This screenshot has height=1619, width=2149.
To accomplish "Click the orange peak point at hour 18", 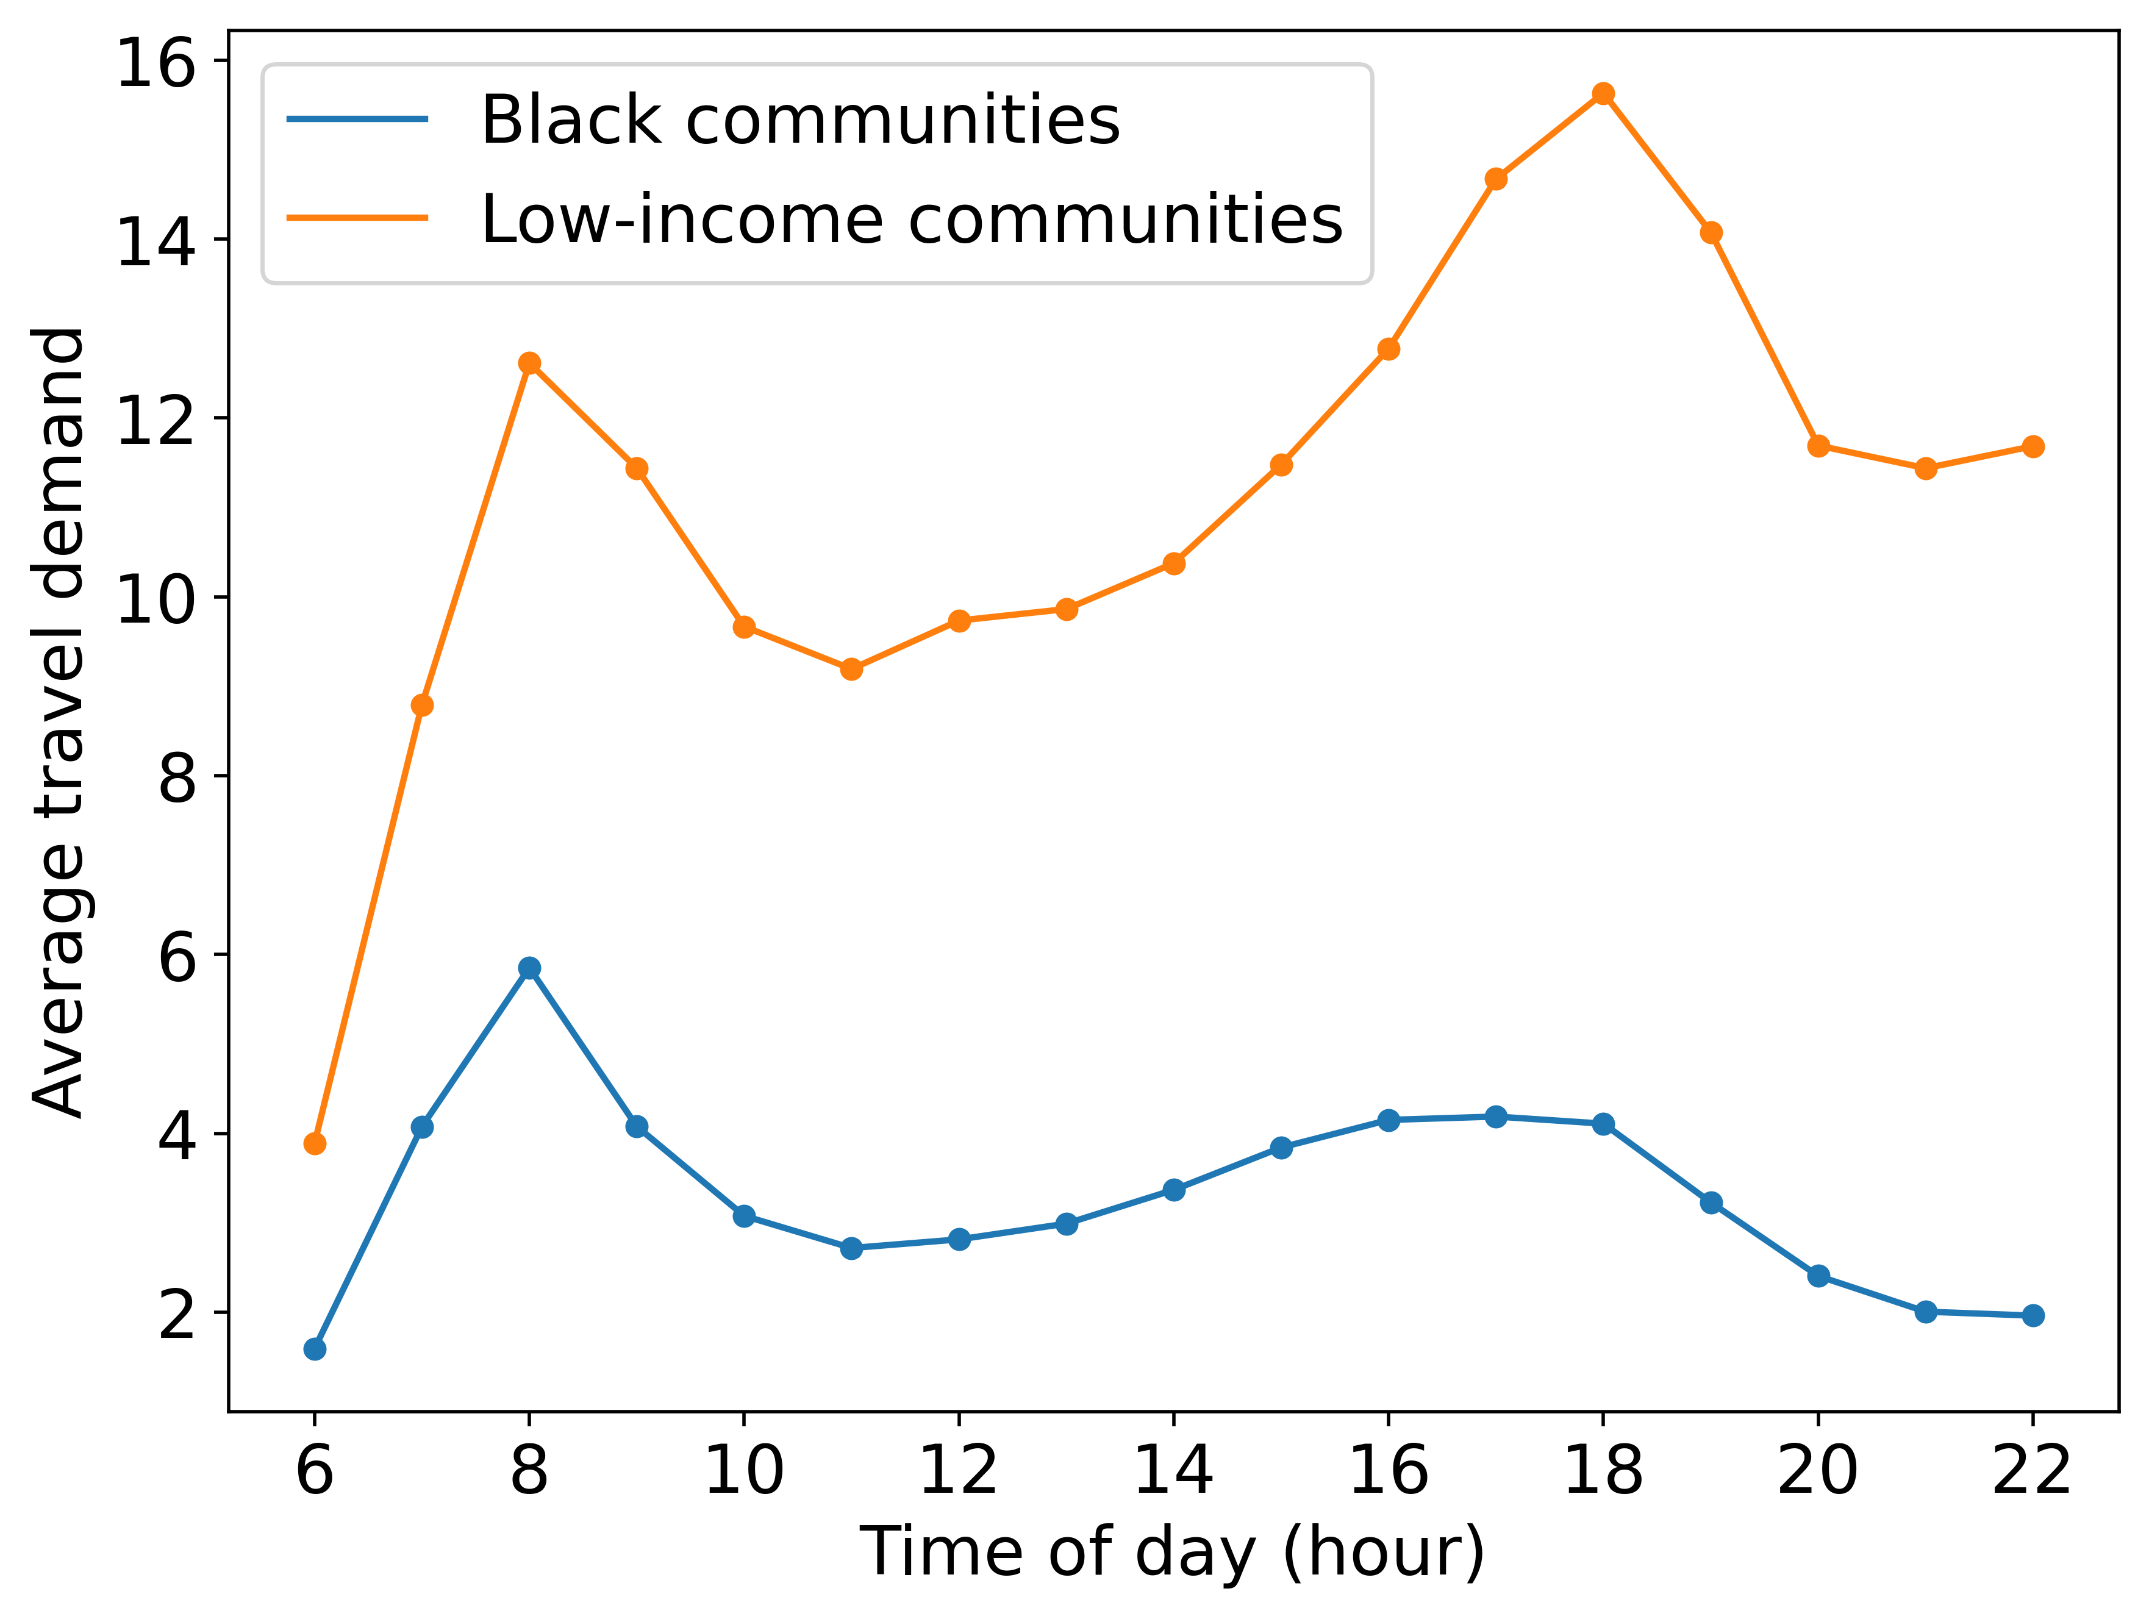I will (1604, 93).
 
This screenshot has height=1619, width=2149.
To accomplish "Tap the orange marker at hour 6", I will (315, 1143).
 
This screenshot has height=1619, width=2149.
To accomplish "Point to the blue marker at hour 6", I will (315, 1349).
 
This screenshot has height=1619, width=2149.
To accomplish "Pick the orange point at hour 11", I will (852, 669).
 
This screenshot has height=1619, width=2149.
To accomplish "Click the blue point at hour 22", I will (2033, 1316).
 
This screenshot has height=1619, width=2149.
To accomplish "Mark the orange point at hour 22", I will (2033, 447).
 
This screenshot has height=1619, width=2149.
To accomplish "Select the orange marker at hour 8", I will (529, 363).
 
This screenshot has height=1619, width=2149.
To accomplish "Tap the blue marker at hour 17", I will (1496, 1117).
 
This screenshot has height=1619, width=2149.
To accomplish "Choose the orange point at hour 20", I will (1818, 447).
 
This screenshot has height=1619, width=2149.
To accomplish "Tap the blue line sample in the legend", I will (357, 120).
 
